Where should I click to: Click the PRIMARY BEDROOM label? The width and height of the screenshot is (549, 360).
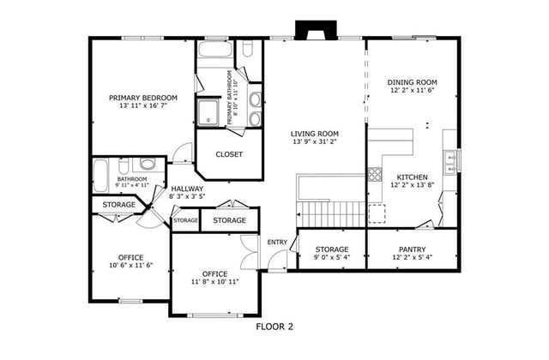coord(142,98)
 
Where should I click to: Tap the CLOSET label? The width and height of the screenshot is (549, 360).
coord(229,154)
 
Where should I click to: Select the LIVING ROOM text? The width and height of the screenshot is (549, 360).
coord(314,134)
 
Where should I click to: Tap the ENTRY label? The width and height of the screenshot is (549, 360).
coord(277,243)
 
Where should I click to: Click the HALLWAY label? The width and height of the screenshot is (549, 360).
coord(187,189)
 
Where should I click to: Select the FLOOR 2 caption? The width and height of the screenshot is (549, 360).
coord(274,327)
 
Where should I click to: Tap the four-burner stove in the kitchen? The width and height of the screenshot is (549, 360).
coord(375,174)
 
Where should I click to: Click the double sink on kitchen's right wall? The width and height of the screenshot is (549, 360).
coord(450,159)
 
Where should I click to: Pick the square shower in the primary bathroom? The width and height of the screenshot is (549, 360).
coord(208,111)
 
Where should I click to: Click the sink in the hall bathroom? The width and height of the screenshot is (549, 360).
coord(147,165)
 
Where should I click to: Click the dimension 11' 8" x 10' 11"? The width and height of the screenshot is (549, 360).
coord(214,281)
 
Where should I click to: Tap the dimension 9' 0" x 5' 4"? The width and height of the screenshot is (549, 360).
coord(331,257)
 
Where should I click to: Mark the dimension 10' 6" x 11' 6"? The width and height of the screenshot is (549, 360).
coord(130,266)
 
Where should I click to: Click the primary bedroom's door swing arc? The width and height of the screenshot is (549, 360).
coord(182,156)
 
